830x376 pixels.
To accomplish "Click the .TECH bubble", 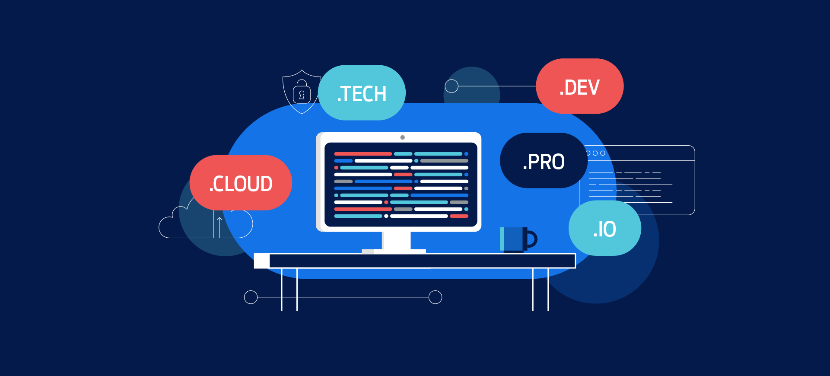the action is coord(362,93).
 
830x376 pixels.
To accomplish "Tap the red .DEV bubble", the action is coord(579,86).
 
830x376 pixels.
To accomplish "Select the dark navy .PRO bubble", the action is coord(544,161).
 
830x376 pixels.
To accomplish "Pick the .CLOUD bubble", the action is coord(241,183).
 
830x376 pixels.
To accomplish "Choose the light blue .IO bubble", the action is coord(604,228).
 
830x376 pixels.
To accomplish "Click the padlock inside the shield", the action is coord(302,94).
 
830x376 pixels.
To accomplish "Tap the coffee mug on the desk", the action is coord(513,239).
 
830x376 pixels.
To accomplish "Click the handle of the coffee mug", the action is coord(532,239).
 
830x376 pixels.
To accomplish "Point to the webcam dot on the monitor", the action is coord(402,137).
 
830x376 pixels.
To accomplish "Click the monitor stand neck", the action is coord(396,240).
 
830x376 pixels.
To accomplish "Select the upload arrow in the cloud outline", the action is coord(219,227).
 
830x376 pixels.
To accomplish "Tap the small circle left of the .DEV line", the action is coord(452,86).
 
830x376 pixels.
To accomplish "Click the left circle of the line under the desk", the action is coord(251,297).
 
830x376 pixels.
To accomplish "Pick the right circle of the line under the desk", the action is coord(435,297).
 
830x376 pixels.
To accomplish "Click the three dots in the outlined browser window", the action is coord(595,153).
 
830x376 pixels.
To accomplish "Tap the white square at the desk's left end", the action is coord(261,261).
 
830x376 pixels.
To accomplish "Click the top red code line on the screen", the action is coord(363,154).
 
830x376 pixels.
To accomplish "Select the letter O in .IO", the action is coord(609,229).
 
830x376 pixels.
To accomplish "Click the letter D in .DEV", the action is coord(571,88).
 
